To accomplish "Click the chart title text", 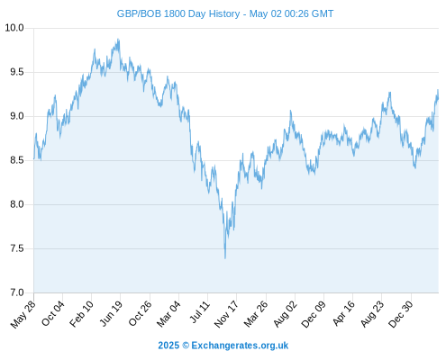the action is (x=225, y=13).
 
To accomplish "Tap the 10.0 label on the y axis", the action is (x=14, y=28).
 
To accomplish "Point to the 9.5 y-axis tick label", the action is (x=17, y=72).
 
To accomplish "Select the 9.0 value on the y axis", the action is (x=17, y=116).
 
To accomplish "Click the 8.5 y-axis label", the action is (x=17, y=160).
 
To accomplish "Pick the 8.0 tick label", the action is (x=17, y=204).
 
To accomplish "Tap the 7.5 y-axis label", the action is (x=17, y=248).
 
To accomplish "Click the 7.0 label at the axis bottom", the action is (x=17, y=292).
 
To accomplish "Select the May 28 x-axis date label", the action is (x=23, y=314).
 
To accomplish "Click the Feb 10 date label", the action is (x=81, y=313).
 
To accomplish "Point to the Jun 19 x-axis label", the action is (x=111, y=313).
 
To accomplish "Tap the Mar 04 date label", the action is (x=168, y=313).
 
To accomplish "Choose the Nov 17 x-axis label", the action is (x=227, y=314).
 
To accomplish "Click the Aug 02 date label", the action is (x=286, y=314).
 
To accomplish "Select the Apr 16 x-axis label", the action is (x=344, y=313).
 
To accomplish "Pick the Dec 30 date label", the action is (x=401, y=314).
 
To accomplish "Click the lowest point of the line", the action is (x=225, y=258).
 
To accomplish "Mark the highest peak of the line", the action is (x=118, y=39).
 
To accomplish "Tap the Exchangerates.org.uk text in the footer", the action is (x=240, y=346).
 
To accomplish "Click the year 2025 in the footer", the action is (x=168, y=346).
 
